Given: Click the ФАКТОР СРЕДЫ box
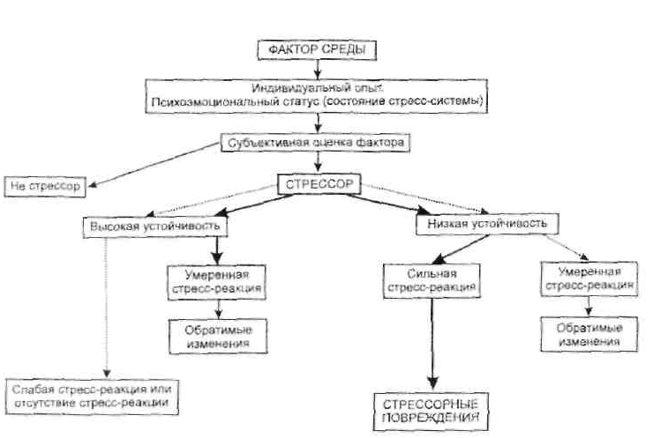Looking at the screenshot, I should tap(317, 50).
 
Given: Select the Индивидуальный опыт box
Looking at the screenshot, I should tap(317, 94).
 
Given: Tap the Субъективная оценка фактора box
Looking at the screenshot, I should tap(316, 141).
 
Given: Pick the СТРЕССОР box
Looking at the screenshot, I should tap(319, 184).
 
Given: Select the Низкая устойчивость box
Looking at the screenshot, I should tap(486, 224).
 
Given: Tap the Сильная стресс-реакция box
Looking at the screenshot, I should tap(431, 280).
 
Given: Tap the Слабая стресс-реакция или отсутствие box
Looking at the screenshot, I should tap(92, 397).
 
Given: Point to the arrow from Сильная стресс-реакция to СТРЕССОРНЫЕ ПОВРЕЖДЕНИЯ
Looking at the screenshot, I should tap(431, 344).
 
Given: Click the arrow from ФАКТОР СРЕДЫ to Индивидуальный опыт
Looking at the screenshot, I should tap(317, 70).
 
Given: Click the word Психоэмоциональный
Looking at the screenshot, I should tap(193, 101).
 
